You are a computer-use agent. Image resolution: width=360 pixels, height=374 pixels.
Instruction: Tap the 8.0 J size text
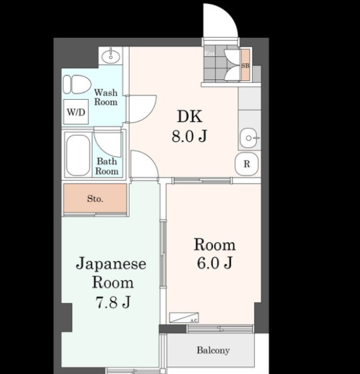[189, 136]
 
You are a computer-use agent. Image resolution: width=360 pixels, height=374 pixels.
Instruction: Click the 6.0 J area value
[214, 263]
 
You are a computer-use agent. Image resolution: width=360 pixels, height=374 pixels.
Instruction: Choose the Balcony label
[213, 350]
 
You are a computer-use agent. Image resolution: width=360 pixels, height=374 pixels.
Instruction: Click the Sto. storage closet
[95, 199]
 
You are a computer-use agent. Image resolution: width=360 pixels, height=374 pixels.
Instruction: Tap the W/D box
[76, 112]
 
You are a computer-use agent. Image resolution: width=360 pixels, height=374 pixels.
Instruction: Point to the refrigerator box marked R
[247, 164]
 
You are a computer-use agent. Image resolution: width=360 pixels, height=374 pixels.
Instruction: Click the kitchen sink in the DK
[249, 139]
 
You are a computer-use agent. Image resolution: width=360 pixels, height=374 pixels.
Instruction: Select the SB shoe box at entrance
[246, 65]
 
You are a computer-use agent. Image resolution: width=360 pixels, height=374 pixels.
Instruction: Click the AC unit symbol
[183, 317]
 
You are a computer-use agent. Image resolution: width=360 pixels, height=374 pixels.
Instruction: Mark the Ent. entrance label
[210, 54]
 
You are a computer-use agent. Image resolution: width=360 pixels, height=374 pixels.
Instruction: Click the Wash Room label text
[106, 97]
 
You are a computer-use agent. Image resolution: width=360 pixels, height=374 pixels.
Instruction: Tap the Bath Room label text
[107, 166]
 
